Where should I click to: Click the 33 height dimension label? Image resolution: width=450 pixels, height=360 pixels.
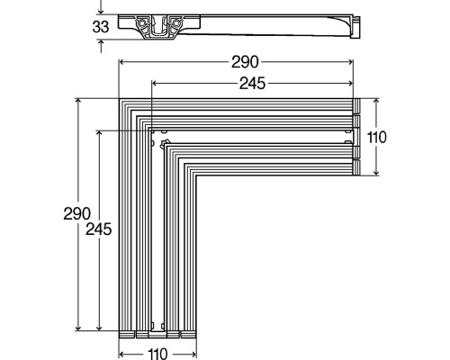click(x=101, y=27)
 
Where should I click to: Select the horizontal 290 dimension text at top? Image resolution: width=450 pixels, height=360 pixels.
click(x=245, y=62)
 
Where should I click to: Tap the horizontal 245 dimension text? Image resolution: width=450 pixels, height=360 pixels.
click(x=252, y=84)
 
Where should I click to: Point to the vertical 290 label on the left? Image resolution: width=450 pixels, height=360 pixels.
click(x=76, y=214)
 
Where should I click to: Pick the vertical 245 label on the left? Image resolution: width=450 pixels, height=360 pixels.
click(x=99, y=229)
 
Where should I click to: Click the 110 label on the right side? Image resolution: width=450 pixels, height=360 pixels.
click(x=377, y=138)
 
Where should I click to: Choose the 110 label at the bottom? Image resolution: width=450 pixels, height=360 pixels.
click(x=157, y=354)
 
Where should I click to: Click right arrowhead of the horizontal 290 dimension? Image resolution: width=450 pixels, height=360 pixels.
click(x=350, y=62)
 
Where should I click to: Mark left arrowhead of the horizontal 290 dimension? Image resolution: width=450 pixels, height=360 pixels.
click(x=122, y=62)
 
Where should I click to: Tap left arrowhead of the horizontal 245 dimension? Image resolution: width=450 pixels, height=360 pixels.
click(x=155, y=84)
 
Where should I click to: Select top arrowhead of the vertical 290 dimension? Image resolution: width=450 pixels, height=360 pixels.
click(x=78, y=102)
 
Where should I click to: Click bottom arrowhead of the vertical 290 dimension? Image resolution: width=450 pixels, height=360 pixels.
click(x=78, y=328)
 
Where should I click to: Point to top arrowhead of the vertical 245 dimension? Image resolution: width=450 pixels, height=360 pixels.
click(x=100, y=134)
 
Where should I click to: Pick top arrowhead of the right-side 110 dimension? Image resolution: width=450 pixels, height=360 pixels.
click(x=376, y=102)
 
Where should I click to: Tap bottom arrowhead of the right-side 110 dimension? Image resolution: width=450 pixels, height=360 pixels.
click(x=376, y=172)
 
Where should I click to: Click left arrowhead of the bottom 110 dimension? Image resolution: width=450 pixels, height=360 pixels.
click(x=122, y=355)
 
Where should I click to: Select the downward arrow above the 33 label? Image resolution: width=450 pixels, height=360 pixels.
click(x=101, y=7)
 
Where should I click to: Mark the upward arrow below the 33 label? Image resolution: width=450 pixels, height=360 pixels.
click(x=101, y=46)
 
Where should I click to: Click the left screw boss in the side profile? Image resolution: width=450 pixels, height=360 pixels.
click(x=140, y=22)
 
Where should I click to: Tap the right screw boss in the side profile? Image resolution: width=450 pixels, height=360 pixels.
click(x=176, y=22)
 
